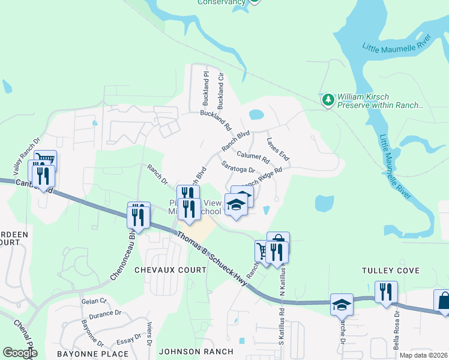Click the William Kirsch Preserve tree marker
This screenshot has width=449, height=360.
[x=328, y=100]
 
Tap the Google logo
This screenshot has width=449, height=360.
[x=20, y=352]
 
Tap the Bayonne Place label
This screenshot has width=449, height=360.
[x=92, y=353]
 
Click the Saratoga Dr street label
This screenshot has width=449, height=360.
[x=238, y=168]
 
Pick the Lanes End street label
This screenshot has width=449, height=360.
[x=278, y=149]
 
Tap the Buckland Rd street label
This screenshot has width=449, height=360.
[x=215, y=120]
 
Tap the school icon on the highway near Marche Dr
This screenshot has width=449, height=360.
[x=342, y=304]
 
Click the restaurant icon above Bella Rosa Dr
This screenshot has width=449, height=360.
[x=386, y=292]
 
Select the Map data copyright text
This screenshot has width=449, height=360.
[x=423, y=355]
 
